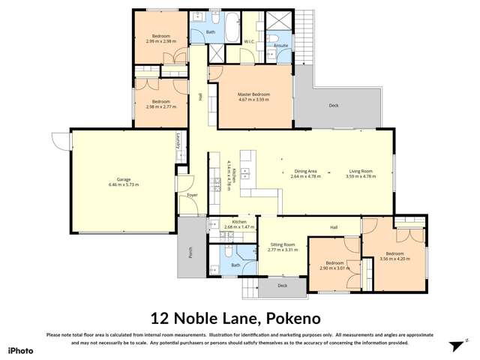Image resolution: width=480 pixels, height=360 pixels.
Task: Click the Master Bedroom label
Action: pyautogui.click(x=253, y=94)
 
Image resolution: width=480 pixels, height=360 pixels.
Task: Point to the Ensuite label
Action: pyautogui.click(x=281, y=46)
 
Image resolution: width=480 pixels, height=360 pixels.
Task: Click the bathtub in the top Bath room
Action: pyautogui.click(x=227, y=17)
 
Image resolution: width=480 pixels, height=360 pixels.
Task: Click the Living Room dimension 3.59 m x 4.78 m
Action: pyautogui.click(x=360, y=176)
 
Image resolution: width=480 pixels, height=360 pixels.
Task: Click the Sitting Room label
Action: pyautogui.click(x=283, y=244)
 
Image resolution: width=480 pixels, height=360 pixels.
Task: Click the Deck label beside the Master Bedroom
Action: pyautogui.click(x=334, y=106)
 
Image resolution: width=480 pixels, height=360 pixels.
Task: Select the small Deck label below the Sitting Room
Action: pyautogui.click(x=282, y=286)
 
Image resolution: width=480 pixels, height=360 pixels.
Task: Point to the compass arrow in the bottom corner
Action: pyautogui.click(x=454, y=346)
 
